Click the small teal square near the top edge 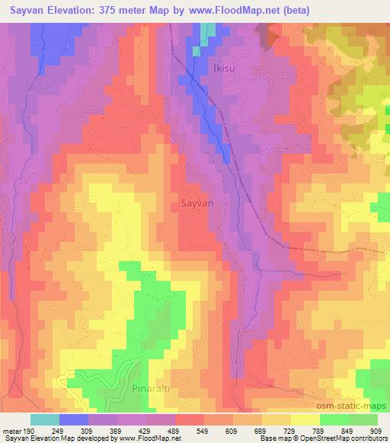[x=197, y=51]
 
